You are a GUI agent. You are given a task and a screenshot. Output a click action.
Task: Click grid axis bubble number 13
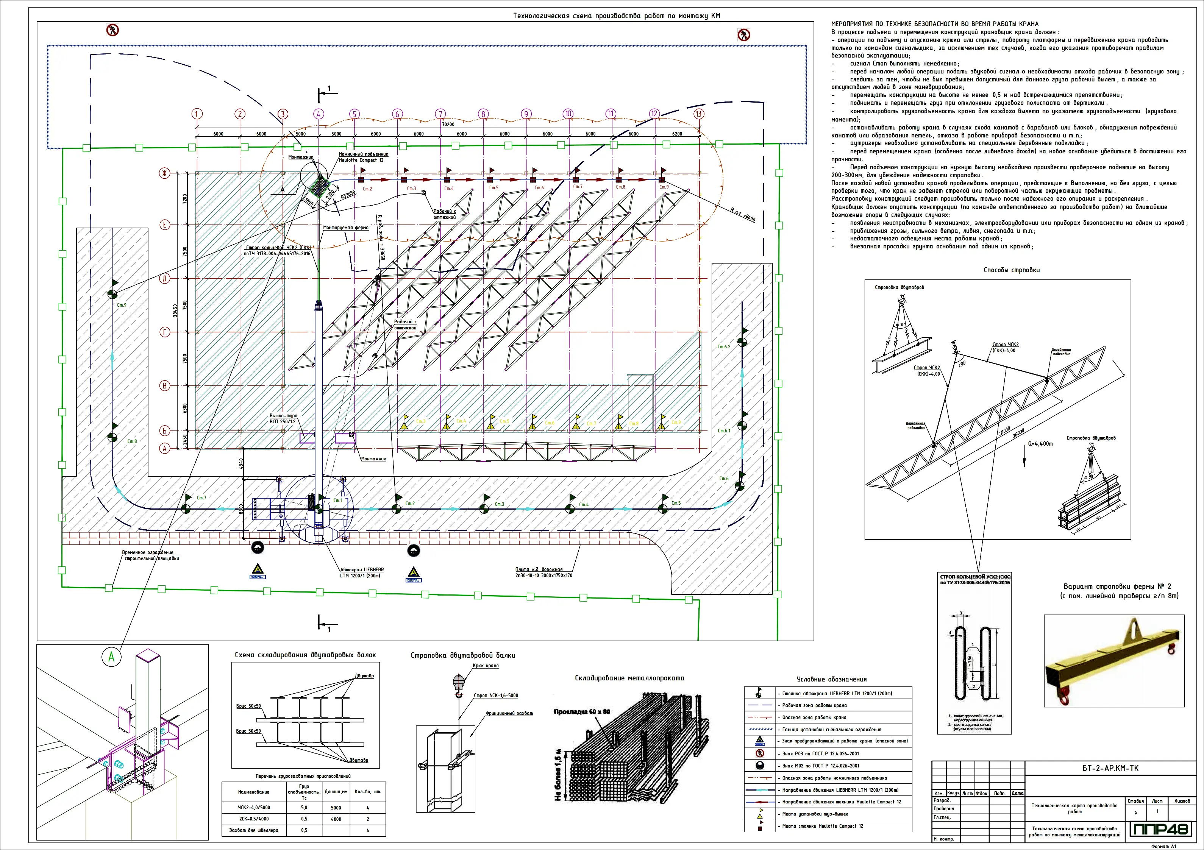pos(698,114)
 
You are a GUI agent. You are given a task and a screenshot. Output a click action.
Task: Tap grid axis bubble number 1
pos(197,114)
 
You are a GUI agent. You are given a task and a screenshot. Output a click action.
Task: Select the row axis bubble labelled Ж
pos(165,173)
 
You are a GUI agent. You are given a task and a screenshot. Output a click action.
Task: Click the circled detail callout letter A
pos(111,657)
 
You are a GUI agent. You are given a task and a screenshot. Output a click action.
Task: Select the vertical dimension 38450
pos(175,310)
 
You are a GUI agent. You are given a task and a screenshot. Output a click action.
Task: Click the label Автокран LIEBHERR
pos(362,569)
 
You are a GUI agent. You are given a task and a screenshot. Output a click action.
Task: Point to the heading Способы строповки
pos(1012,270)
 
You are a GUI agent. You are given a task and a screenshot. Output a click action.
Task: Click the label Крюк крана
pos(486,666)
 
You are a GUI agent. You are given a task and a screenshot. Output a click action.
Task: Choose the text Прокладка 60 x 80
pos(582,711)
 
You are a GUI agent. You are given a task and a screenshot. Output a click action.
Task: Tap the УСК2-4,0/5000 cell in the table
pos(254,808)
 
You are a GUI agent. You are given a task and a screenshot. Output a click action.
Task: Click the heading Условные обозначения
pos(831,679)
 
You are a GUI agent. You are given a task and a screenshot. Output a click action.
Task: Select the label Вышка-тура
pos(283,416)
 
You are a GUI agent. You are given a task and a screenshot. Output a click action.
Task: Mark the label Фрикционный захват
pos(509,713)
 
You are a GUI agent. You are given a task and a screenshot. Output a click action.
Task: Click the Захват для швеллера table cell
pos(254,830)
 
